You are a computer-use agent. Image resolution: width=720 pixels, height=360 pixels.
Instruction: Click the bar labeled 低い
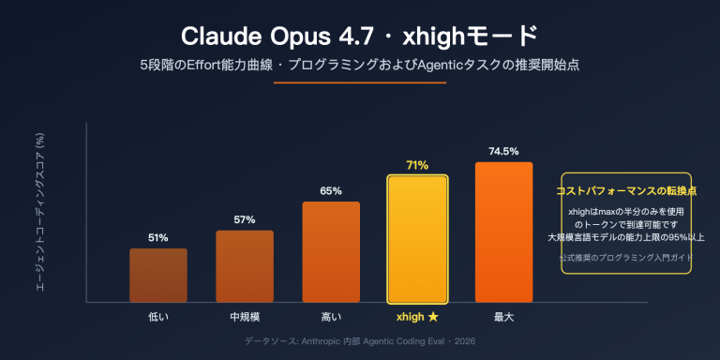click(158, 275)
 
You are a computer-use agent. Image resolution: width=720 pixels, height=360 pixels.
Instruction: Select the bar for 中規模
click(245, 266)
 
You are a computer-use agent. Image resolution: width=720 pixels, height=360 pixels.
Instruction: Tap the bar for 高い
click(331, 251)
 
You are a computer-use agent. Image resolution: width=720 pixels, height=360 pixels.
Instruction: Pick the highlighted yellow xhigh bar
click(417, 238)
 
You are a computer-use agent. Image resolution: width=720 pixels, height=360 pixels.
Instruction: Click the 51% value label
click(158, 238)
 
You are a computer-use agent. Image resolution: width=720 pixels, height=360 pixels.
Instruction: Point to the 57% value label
click(245, 220)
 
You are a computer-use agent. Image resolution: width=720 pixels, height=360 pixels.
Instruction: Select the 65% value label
click(331, 191)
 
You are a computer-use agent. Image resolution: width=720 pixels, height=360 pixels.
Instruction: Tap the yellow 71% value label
click(417, 166)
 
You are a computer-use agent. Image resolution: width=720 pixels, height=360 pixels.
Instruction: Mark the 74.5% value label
click(503, 152)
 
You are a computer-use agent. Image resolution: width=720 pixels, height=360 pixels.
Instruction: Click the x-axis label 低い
click(158, 318)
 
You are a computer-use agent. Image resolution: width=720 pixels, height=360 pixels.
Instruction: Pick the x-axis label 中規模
click(245, 318)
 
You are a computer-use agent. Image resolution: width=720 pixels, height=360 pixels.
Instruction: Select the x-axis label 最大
click(503, 318)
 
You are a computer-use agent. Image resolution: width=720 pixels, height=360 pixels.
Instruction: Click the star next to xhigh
click(433, 318)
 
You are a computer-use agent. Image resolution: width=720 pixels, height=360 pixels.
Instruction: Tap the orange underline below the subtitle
click(359, 83)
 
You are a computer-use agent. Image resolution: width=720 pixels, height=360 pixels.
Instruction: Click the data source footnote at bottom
click(359, 343)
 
